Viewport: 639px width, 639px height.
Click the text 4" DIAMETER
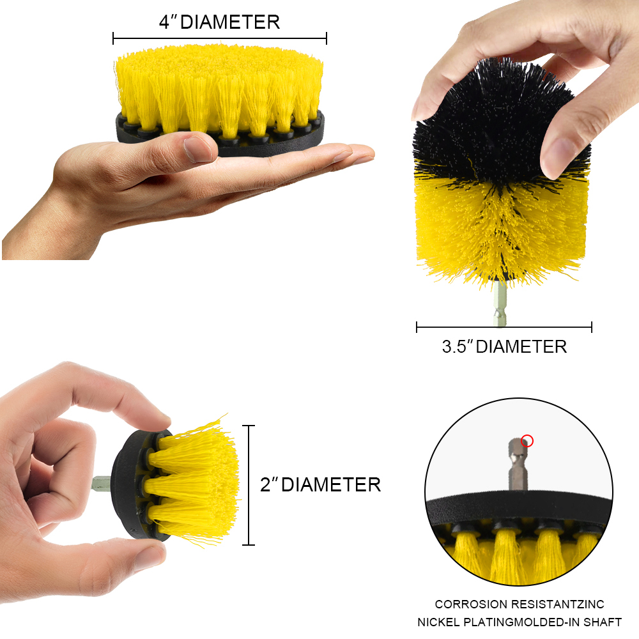(219, 22)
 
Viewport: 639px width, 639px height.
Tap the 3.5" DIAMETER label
(504, 347)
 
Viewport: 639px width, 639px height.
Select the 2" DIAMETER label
(320, 484)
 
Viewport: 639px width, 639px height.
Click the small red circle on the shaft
(527, 440)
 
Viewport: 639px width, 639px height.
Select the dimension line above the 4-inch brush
(219, 38)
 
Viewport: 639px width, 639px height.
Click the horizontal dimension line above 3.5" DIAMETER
(504, 328)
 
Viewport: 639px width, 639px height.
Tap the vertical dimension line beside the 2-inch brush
(249, 485)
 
